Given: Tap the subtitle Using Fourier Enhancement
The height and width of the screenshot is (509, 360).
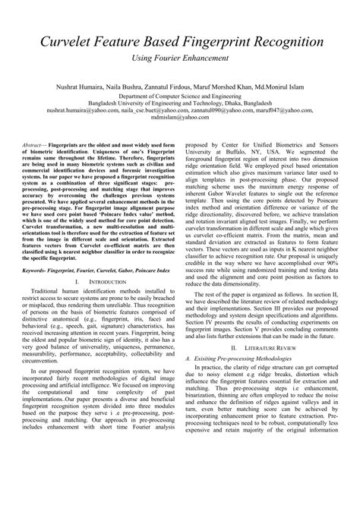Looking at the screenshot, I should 179,58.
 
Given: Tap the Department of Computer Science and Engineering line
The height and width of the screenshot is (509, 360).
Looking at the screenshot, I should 179,97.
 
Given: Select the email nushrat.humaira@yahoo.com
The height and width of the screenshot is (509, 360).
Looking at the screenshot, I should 83,111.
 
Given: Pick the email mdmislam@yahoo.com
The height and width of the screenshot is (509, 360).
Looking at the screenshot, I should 179,119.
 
